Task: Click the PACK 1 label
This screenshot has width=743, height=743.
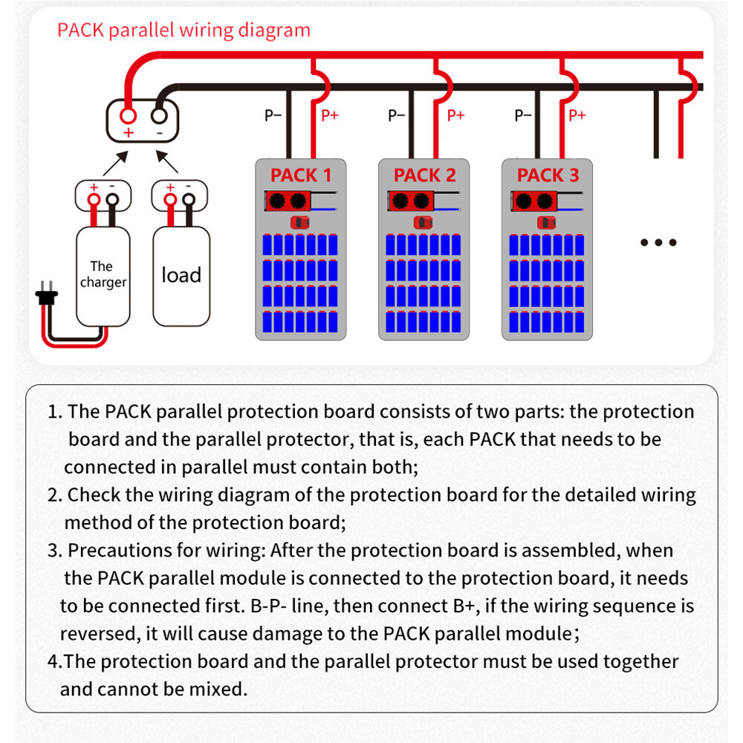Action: point(301,175)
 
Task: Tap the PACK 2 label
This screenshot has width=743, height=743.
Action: point(424,175)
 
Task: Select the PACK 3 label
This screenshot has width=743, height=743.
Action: point(548,175)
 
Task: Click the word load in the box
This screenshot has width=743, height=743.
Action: point(181,275)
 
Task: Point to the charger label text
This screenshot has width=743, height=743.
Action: point(103,274)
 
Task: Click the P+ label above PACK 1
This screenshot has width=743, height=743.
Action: point(329,115)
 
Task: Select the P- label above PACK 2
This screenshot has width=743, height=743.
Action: point(397,115)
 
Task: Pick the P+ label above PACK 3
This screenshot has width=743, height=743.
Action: point(577,115)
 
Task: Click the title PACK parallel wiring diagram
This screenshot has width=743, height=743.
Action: point(184,30)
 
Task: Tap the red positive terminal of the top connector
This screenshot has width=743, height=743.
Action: point(128,117)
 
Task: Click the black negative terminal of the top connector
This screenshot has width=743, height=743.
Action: point(159,117)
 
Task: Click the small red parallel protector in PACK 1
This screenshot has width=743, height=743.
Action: point(301,222)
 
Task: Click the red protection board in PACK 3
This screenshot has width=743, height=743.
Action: point(533,200)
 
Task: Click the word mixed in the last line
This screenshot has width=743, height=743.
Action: point(218,689)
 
